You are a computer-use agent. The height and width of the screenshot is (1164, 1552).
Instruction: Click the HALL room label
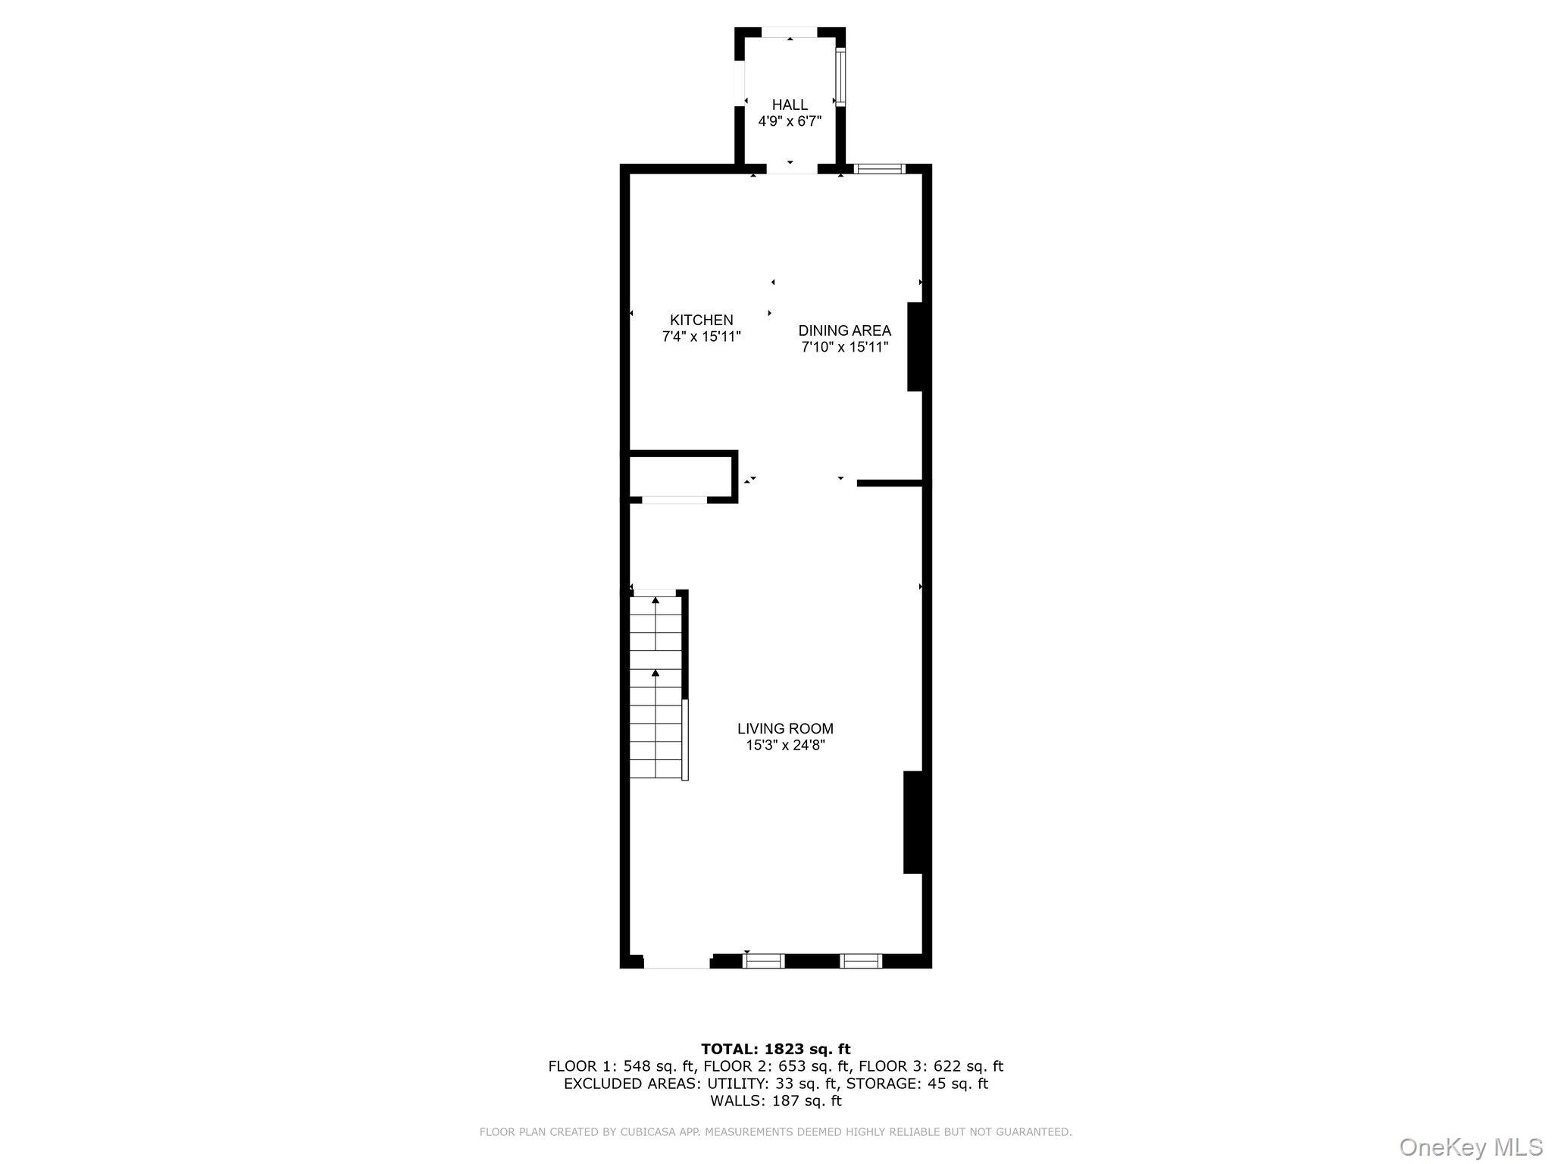click(x=790, y=105)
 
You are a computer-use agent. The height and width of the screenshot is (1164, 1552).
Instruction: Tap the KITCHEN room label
click(x=701, y=321)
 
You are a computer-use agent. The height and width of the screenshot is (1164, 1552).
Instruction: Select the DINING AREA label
click(x=844, y=330)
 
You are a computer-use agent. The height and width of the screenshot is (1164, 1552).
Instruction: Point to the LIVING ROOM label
click(x=785, y=728)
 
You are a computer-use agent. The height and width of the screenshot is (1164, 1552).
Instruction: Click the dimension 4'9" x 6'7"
click(x=790, y=121)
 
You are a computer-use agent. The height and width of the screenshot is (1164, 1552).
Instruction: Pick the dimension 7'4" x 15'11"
click(x=701, y=336)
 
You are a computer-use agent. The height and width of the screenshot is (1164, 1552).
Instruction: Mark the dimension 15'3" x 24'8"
click(x=785, y=745)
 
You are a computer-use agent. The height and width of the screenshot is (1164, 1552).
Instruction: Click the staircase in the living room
click(x=656, y=686)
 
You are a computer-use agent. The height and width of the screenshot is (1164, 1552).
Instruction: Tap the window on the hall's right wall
click(x=840, y=77)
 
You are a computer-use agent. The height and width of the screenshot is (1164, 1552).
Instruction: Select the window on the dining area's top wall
click(x=879, y=169)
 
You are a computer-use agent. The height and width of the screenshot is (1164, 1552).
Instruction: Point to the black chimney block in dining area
click(x=915, y=347)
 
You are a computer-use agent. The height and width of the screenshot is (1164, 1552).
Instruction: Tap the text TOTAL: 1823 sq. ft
click(x=775, y=1049)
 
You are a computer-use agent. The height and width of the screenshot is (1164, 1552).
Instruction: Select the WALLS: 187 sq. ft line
click(x=775, y=1101)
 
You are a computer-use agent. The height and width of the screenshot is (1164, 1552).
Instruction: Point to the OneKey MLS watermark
click(x=1469, y=1147)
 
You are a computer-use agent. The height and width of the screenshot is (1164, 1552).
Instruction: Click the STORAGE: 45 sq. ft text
click(x=917, y=1084)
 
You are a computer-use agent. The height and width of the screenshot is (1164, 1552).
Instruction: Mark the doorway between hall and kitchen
click(x=791, y=168)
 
